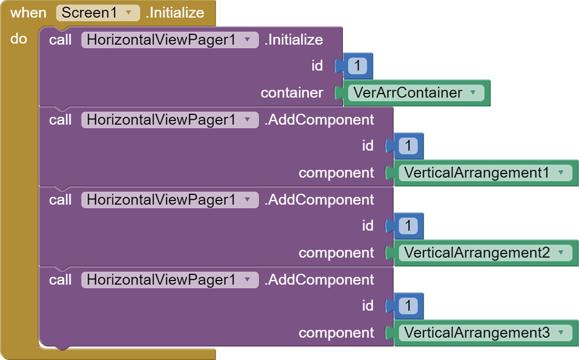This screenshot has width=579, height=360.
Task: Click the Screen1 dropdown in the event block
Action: tap(97, 13)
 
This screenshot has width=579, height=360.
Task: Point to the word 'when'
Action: tap(28, 13)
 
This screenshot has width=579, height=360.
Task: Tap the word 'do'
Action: tap(18, 39)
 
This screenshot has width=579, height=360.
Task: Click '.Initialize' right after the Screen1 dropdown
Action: tap(175, 13)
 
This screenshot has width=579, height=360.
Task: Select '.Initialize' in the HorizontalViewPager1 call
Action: tap(294, 40)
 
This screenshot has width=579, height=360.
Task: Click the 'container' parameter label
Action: tap(291, 93)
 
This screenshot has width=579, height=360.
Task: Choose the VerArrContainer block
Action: tap(415, 93)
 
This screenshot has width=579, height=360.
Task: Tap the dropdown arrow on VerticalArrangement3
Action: tap(562, 333)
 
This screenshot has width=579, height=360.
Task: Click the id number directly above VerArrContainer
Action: tap(357, 66)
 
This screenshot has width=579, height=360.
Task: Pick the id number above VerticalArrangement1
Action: tap(408, 146)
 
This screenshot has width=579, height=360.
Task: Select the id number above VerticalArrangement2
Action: tap(408, 226)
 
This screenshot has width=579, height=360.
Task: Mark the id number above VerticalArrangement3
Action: tap(408, 306)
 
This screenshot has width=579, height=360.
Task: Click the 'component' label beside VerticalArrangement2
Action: tap(336, 253)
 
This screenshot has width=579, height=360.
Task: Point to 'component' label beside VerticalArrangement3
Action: tap(336, 333)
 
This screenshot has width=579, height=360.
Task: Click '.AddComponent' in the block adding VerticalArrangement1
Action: tap(319, 120)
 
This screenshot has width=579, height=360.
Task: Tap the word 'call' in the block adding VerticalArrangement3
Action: tap(60, 280)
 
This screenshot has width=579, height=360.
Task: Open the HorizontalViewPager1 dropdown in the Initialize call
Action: tap(170, 40)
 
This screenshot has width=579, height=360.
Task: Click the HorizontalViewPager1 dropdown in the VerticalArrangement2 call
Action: tap(170, 200)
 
